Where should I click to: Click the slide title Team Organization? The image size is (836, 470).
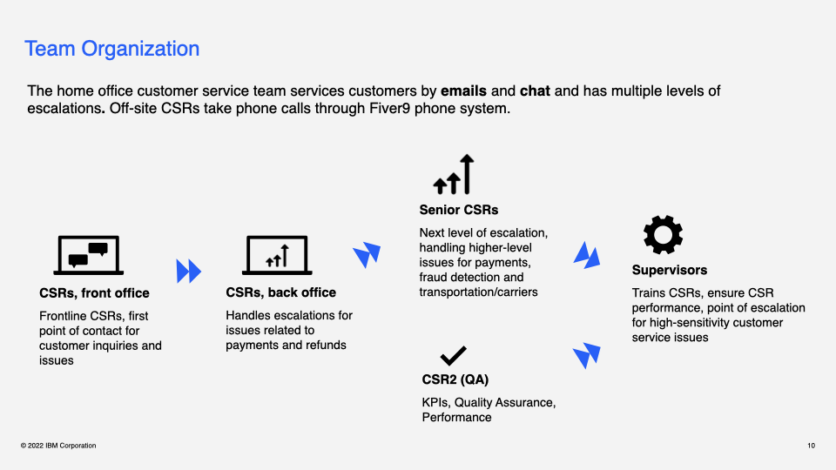[112, 49]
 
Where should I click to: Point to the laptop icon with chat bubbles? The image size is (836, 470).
[88, 255]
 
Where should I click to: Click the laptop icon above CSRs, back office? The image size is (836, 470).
[277, 255]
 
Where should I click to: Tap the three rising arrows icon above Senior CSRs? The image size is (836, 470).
[454, 175]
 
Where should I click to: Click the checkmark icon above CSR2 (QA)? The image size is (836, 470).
[453, 355]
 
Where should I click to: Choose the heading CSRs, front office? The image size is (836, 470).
[94, 293]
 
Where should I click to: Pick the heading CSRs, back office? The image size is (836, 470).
[280, 292]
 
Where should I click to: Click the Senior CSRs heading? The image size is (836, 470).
[459, 210]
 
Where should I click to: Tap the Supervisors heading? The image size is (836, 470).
[669, 270]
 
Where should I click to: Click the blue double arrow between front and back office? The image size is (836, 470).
[188, 271]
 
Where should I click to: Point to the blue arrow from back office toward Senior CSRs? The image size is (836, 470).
[367, 254]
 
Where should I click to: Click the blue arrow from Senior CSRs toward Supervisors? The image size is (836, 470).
[587, 255]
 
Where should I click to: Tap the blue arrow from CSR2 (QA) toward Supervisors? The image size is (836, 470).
[587, 355]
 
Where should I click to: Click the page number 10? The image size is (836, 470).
[811, 446]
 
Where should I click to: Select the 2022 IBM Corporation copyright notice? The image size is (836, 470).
[58, 446]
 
